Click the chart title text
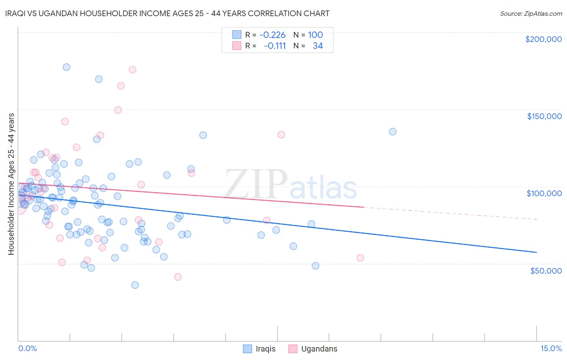pyautogui.click(x=173, y=13)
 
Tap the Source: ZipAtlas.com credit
pyautogui.click(x=531, y=13)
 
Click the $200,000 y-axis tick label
pyautogui.click(x=543, y=39)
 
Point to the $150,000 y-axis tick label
pyautogui.click(x=544, y=116)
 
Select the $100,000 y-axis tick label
pyautogui.click(x=544, y=193)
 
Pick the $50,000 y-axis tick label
pyautogui.click(x=546, y=270)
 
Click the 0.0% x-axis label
pyautogui.click(x=27, y=348)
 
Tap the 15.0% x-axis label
pyautogui.click(x=551, y=348)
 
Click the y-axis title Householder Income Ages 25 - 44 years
pyautogui.click(x=11, y=184)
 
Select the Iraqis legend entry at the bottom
pyautogui.click(x=259, y=349)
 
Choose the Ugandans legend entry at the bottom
pyautogui.click(x=313, y=349)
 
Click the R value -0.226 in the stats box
pyautogui.click(x=272, y=35)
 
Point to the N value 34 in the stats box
pyautogui.click(x=318, y=46)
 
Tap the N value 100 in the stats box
pyautogui.click(x=315, y=35)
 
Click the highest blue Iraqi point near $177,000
pyautogui.click(x=67, y=67)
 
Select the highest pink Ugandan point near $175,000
pyautogui.click(x=132, y=69)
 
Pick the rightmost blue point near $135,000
pyautogui.click(x=392, y=132)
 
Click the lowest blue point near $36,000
pyautogui.click(x=135, y=285)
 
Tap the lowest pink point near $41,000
pyautogui.click(x=178, y=277)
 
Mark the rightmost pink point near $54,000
pyautogui.click(x=361, y=258)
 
